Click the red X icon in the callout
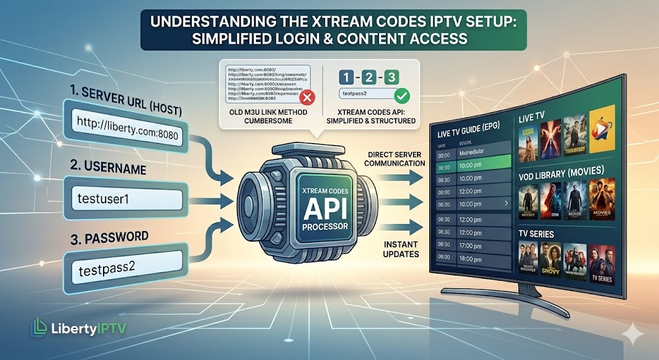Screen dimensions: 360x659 point(307,98)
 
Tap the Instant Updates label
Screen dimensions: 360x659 point(397,249)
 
